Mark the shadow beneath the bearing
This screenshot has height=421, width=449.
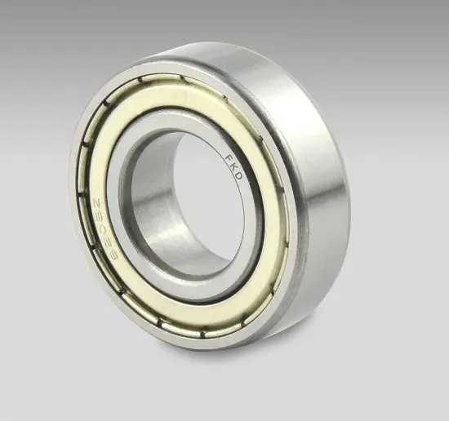click(x=245, y=359)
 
